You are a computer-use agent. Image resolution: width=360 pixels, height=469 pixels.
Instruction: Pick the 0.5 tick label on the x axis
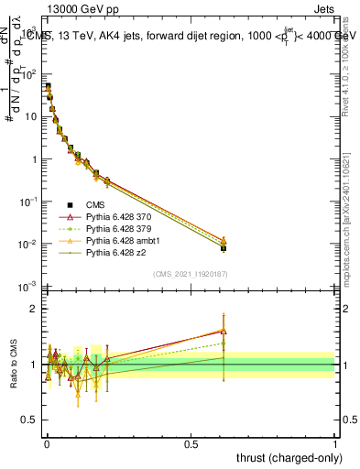click(191, 444)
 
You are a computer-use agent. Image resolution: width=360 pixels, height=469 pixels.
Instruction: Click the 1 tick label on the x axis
click(335, 444)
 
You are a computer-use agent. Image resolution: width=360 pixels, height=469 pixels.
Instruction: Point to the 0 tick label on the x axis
click(46, 444)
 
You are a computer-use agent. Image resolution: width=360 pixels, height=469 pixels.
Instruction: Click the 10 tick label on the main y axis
click(28, 116)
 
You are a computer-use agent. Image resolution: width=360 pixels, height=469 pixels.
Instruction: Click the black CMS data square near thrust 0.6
click(224, 248)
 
